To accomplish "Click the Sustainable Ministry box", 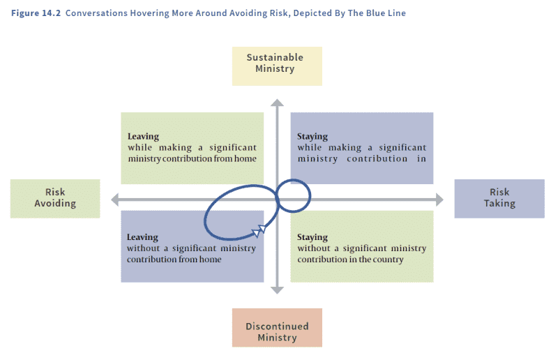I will point(277,63).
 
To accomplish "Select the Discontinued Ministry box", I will point(277,327).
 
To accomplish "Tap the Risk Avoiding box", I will point(55,198).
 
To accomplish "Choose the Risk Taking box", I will point(499,198).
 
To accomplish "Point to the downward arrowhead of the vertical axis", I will point(278,288).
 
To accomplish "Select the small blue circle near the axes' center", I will point(293,193).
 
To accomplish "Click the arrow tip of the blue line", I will point(263,226).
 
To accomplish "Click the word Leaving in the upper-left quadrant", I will point(143,137).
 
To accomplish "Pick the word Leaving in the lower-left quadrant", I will point(143,237).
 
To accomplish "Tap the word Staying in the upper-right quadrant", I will point(312,137).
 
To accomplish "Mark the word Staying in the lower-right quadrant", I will point(312,237).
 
